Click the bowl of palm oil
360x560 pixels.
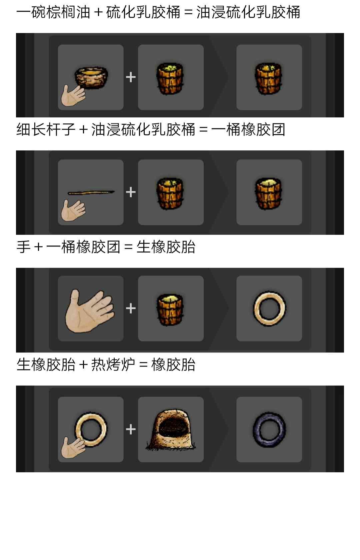91,77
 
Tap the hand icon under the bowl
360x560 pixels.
73,95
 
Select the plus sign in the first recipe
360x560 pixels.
131,77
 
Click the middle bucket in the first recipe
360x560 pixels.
170,78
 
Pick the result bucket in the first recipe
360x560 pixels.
268,78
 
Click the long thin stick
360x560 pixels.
91,192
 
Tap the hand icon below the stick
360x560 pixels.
73,210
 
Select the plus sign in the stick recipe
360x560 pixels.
131,192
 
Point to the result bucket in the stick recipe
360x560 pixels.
268,193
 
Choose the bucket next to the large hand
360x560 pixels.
170,310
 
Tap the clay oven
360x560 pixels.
171,430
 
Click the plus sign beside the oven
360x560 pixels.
131,430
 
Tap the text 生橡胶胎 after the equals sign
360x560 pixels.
166,247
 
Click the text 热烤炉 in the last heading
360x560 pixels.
113,365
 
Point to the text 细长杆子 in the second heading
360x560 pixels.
46,129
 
